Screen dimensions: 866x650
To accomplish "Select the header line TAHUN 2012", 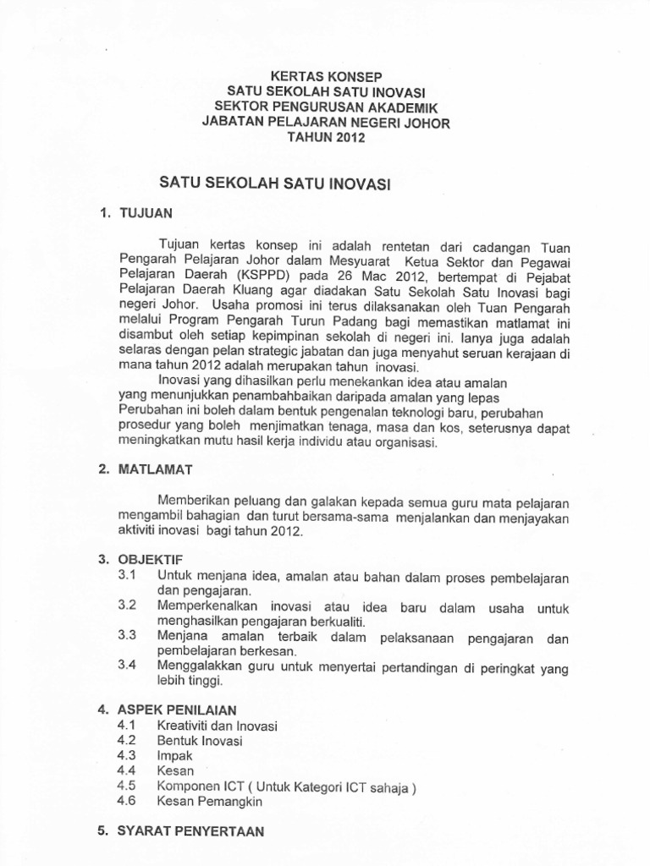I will [326, 138].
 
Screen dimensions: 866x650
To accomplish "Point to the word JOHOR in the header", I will [428, 123].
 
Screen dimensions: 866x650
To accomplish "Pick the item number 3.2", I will [127, 606].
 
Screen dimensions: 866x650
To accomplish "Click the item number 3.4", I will [127, 664].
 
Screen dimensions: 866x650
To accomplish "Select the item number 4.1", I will [127, 726].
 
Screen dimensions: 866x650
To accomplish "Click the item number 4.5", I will [127, 786].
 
